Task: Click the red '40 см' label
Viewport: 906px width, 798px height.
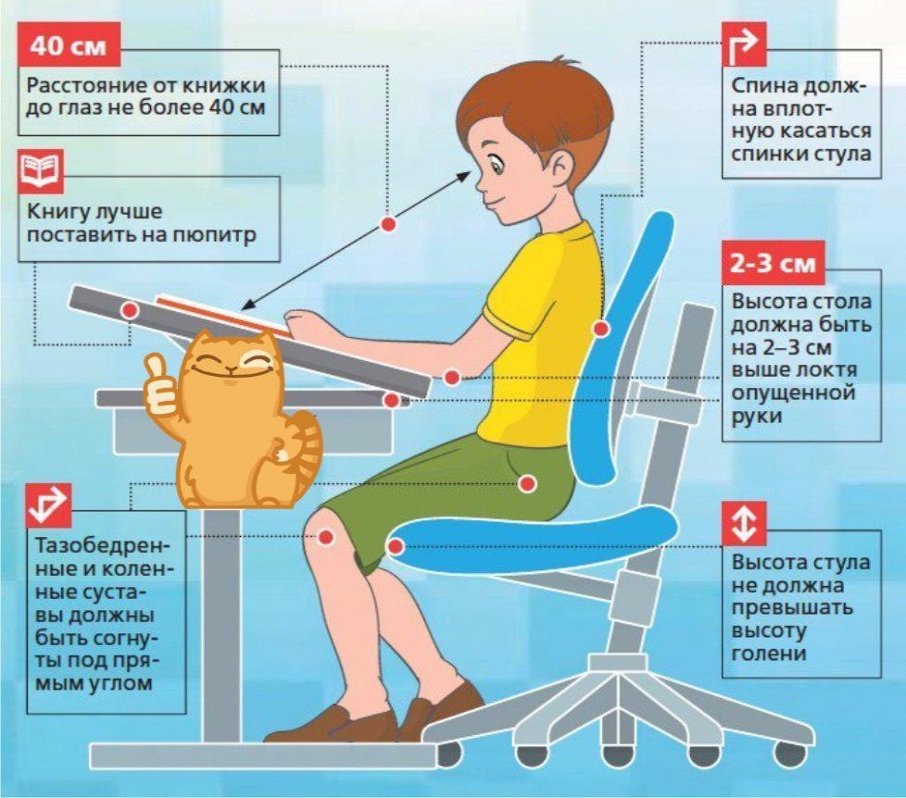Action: point(69,45)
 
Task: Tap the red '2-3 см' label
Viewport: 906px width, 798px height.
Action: point(774,263)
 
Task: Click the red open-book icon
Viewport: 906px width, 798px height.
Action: point(41,171)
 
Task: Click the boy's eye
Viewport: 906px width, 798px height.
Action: point(496,165)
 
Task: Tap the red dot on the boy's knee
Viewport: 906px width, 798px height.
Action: point(326,537)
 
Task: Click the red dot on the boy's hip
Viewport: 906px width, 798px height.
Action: point(526,483)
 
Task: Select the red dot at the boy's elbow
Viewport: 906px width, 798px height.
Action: point(452,378)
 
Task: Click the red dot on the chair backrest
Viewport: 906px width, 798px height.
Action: point(601,330)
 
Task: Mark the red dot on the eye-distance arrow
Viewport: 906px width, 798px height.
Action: point(388,223)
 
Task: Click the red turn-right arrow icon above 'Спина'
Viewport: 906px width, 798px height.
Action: point(744,45)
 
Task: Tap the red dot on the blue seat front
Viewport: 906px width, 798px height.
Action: point(396,546)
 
